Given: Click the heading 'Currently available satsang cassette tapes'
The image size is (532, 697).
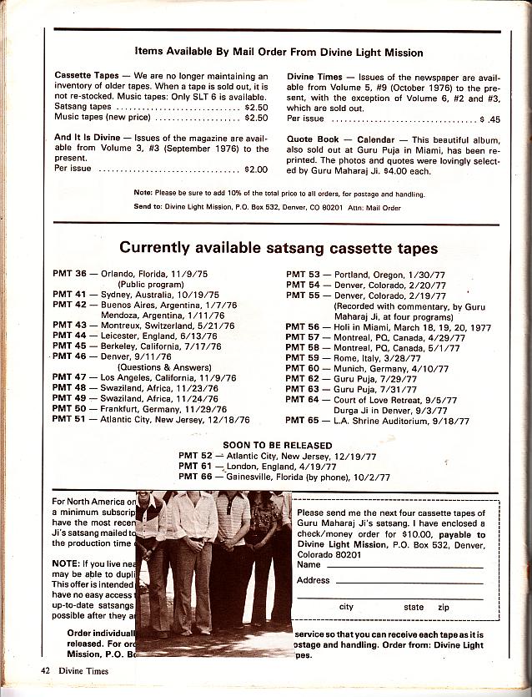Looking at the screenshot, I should click(279, 248).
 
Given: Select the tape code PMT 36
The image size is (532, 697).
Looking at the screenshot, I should click(69, 274).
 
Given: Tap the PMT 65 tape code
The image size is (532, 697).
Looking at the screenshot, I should click(303, 421).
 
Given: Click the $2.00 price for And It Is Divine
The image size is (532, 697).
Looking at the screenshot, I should click(256, 169).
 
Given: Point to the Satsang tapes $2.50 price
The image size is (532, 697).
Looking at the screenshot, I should click(256, 108).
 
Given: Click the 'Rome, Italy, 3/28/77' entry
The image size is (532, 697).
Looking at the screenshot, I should click(365, 357).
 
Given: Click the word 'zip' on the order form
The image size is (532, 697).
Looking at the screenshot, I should click(444, 608).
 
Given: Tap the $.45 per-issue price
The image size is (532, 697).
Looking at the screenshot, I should click(490, 119).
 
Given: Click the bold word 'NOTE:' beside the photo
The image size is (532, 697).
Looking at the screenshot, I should click(65, 563).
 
